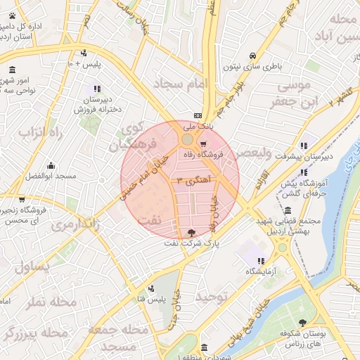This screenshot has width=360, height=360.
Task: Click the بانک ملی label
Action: click(x=197, y=127)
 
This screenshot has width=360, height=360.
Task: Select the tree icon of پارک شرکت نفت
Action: click(x=193, y=232)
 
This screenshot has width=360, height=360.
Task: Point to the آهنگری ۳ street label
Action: click(x=189, y=181)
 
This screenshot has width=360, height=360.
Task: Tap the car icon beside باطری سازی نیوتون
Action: click(x=252, y=56)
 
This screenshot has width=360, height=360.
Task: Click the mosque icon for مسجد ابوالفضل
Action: click(x=50, y=167)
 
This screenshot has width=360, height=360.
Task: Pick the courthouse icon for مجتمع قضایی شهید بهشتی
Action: click(x=288, y=211)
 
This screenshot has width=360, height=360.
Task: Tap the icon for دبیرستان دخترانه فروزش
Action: click(x=96, y=89)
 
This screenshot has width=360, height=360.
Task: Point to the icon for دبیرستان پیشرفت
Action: click(x=303, y=145)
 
